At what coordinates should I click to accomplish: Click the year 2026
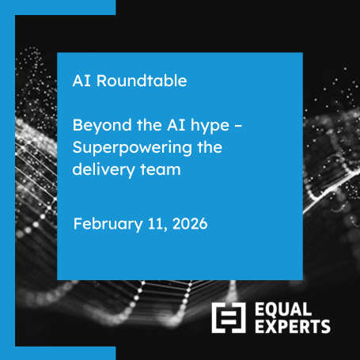coord(188,223)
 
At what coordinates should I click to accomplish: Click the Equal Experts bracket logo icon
coord(227,317)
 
